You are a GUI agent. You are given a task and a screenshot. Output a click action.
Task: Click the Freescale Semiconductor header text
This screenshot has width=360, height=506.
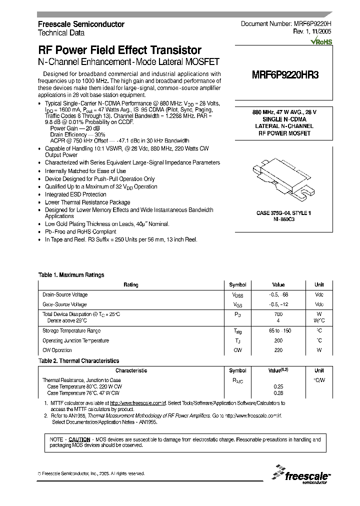tap(81, 24)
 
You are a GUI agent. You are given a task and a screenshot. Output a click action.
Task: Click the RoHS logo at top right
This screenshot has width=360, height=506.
tap(321, 42)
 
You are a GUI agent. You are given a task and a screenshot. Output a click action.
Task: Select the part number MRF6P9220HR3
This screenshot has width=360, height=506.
tap(284, 75)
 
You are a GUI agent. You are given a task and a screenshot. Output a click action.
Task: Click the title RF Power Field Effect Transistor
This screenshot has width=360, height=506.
tap(120, 50)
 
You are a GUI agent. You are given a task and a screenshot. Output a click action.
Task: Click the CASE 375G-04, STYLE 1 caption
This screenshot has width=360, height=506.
tap(284, 213)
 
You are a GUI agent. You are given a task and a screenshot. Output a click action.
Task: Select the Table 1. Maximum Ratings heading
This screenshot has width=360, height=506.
tap(71, 275)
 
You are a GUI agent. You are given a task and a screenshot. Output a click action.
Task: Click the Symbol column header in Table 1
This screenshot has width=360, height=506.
tap(237, 284)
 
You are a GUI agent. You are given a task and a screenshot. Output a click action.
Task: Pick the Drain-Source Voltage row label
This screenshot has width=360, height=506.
tap(65, 294)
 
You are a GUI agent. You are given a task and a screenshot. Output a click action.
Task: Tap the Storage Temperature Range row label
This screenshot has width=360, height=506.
tap(71, 330)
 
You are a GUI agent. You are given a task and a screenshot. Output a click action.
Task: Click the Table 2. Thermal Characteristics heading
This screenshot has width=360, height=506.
tap(78, 360)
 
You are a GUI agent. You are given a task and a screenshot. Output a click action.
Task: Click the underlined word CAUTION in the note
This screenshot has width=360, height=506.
tap(79, 439)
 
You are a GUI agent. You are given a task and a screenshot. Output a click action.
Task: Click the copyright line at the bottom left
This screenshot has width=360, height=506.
tap(91, 473)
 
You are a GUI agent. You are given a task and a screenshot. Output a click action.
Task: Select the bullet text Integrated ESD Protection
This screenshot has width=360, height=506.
tap(75, 194)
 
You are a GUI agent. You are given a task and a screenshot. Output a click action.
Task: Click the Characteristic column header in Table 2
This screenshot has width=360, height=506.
tap(131, 370)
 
